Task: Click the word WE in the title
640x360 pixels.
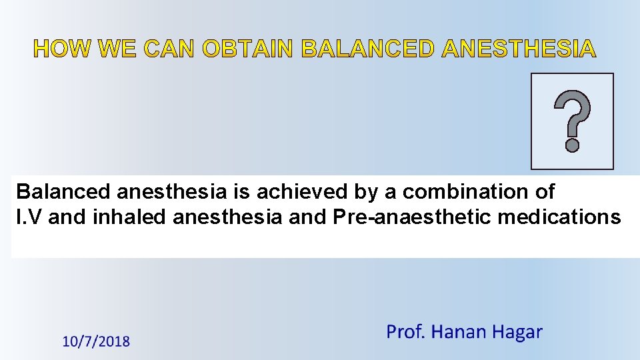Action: (x=120, y=49)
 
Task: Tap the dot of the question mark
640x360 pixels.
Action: (x=572, y=143)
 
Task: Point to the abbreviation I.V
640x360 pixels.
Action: (x=29, y=217)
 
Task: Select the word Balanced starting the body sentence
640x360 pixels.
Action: (x=63, y=192)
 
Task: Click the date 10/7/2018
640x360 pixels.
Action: (x=96, y=342)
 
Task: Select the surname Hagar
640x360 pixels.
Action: (x=517, y=332)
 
